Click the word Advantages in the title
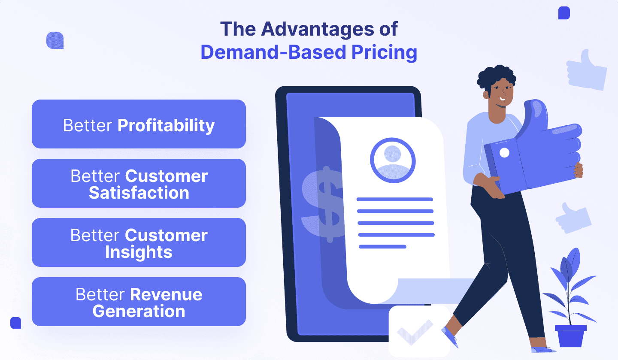click(318, 30)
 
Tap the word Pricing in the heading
click(385, 53)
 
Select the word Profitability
click(166, 126)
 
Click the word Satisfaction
click(139, 193)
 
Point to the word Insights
click(139, 252)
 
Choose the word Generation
click(139, 311)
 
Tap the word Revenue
click(166, 294)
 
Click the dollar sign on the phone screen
click(323, 204)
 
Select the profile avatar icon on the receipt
click(393, 160)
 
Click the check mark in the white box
click(415, 332)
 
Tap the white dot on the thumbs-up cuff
click(504, 153)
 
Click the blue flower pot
click(570, 336)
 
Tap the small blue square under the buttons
click(16, 323)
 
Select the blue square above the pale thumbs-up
click(564, 13)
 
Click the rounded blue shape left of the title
click(55, 40)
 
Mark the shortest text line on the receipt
click(382, 247)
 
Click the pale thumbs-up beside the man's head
click(586, 70)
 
